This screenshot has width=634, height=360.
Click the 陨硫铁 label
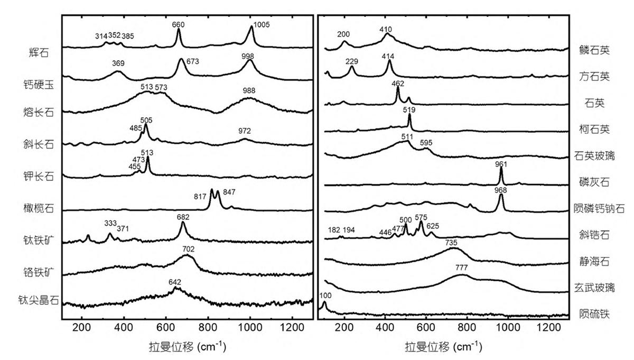pos(595,315)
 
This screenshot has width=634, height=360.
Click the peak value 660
pos(179,24)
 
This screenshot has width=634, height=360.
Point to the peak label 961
pos(501,163)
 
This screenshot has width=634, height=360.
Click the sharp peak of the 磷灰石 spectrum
pos(501,169)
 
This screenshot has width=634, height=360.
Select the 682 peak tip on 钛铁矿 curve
pos(183,223)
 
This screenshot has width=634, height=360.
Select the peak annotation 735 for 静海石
pos(451,243)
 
